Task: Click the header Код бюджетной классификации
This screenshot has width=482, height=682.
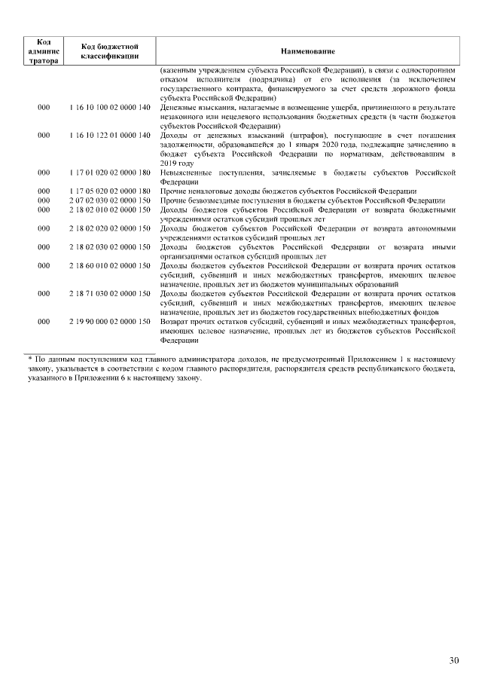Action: [x=109, y=50]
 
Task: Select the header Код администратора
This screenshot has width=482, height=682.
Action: [x=44, y=50]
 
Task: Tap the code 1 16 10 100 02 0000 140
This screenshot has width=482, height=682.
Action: [x=109, y=108]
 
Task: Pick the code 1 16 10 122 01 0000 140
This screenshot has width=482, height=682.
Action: [x=109, y=136]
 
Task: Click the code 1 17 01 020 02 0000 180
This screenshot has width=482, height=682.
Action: [x=109, y=173]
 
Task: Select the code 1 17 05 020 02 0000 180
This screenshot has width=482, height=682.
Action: [x=109, y=191]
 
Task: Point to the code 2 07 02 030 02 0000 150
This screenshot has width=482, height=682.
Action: [x=109, y=200]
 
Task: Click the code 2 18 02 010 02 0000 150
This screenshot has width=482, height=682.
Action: [x=109, y=209]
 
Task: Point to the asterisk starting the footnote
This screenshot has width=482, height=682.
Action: [x=27, y=360]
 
